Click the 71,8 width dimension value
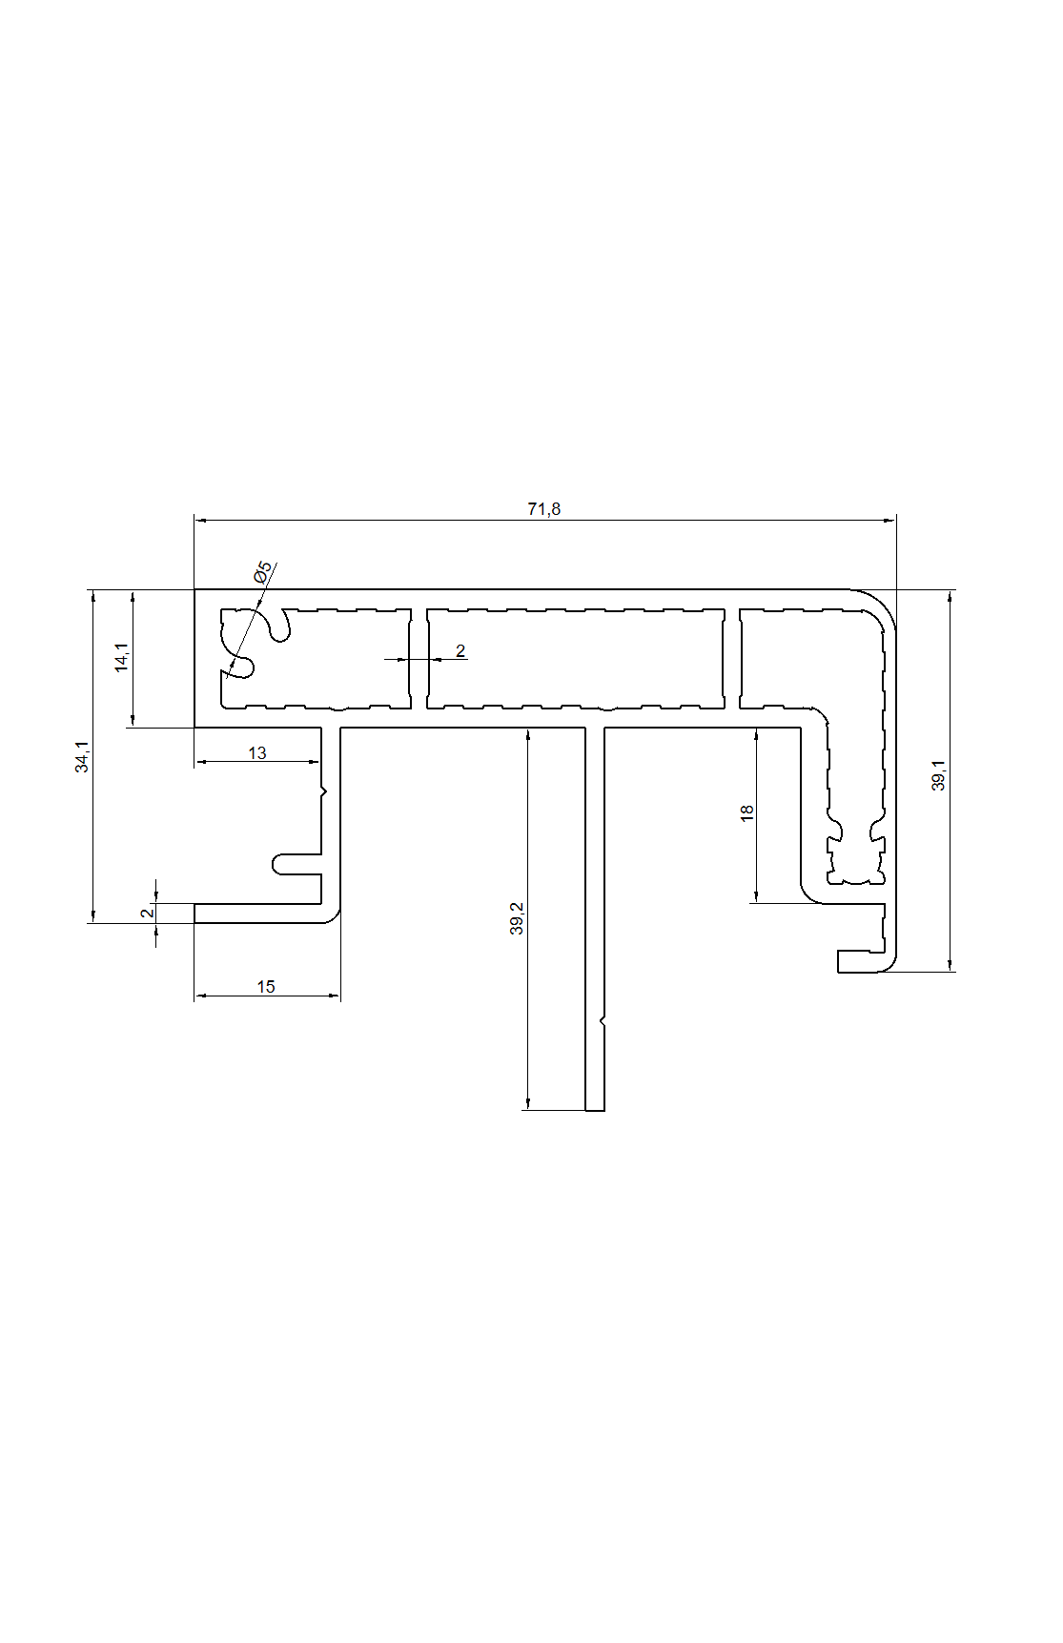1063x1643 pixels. pyautogui.click(x=544, y=508)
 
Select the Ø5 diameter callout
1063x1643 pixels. pyautogui.click(x=262, y=572)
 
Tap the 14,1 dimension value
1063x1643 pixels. pyautogui.click(x=121, y=658)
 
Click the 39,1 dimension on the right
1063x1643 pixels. pyautogui.click(x=939, y=775)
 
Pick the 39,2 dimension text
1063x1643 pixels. pyautogui.click(x=518, y=918)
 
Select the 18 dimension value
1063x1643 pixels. pyautogui.click(x=746, y=812)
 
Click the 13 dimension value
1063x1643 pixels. pyautogui.click(x=257, y=753)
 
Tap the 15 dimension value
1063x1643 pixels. pyautogui.click(x=266, y=987)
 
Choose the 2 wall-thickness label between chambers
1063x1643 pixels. pyautogui.click(x=460, y=651)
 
